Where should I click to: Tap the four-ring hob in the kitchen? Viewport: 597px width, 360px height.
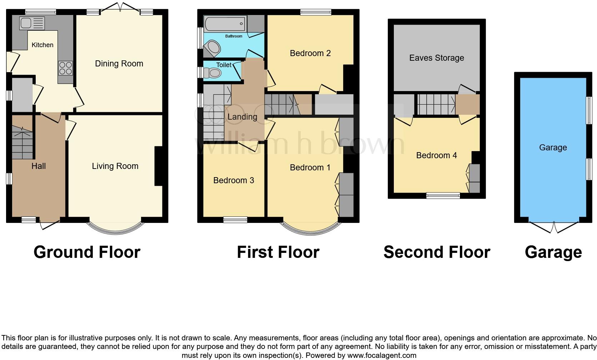tap(66, 68)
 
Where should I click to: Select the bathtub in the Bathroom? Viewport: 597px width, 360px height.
tap(225, 24)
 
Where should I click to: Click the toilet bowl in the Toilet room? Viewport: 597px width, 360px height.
tap(214, 73)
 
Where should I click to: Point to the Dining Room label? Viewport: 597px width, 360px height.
tap(119, 64)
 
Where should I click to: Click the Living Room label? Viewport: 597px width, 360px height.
tap(115, 166)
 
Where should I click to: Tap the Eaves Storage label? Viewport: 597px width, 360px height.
tap(436, 58)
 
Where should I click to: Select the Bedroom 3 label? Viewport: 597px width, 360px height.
tap(234, 180)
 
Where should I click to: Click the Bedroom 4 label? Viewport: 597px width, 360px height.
tap(436, 155)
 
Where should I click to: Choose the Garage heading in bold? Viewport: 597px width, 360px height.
tap(553, 252)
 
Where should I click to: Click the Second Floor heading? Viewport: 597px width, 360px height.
tap(436, 252)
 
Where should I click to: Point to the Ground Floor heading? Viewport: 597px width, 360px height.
tap(87, 252)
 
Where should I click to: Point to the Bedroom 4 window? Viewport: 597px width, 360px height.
tap(443, 195)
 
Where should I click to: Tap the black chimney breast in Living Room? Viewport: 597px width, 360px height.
tap(159, 166)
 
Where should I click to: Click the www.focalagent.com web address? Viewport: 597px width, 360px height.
tap(381, 355)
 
